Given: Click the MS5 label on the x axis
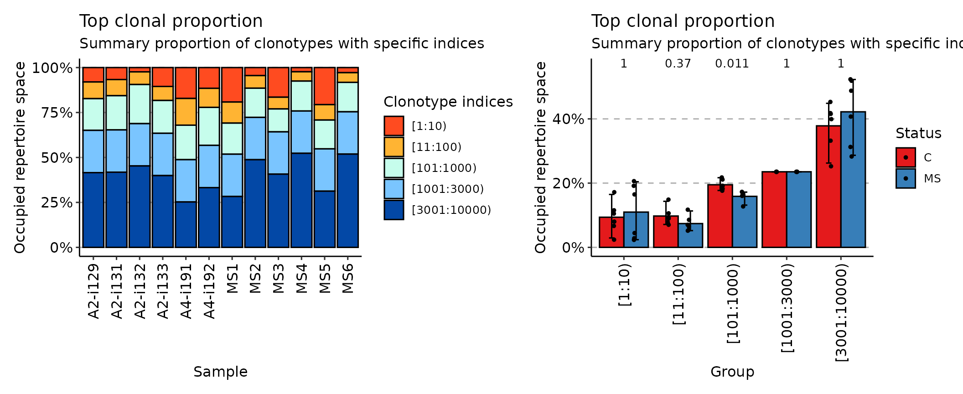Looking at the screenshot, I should [325, 278].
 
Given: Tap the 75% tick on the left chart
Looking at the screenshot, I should [57, 113].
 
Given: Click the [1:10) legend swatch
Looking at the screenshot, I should [393, 126].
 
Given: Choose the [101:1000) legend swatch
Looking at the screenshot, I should [393, 168].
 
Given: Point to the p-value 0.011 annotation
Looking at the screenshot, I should [732, 64].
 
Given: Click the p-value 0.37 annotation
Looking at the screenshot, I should [678, 64].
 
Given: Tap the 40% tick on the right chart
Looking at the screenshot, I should [568, 119].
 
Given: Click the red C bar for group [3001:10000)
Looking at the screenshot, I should [828, 187].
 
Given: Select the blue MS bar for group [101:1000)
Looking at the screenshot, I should [745, 222].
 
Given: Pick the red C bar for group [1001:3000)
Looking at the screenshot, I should [774, 210].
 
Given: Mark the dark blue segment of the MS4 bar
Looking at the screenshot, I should [301, 201].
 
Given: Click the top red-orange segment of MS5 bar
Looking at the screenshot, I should [325, 86].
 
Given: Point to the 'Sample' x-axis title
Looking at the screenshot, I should [220, 372].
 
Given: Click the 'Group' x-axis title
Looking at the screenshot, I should [732, 372].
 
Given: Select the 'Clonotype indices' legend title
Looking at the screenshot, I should [448, 102].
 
